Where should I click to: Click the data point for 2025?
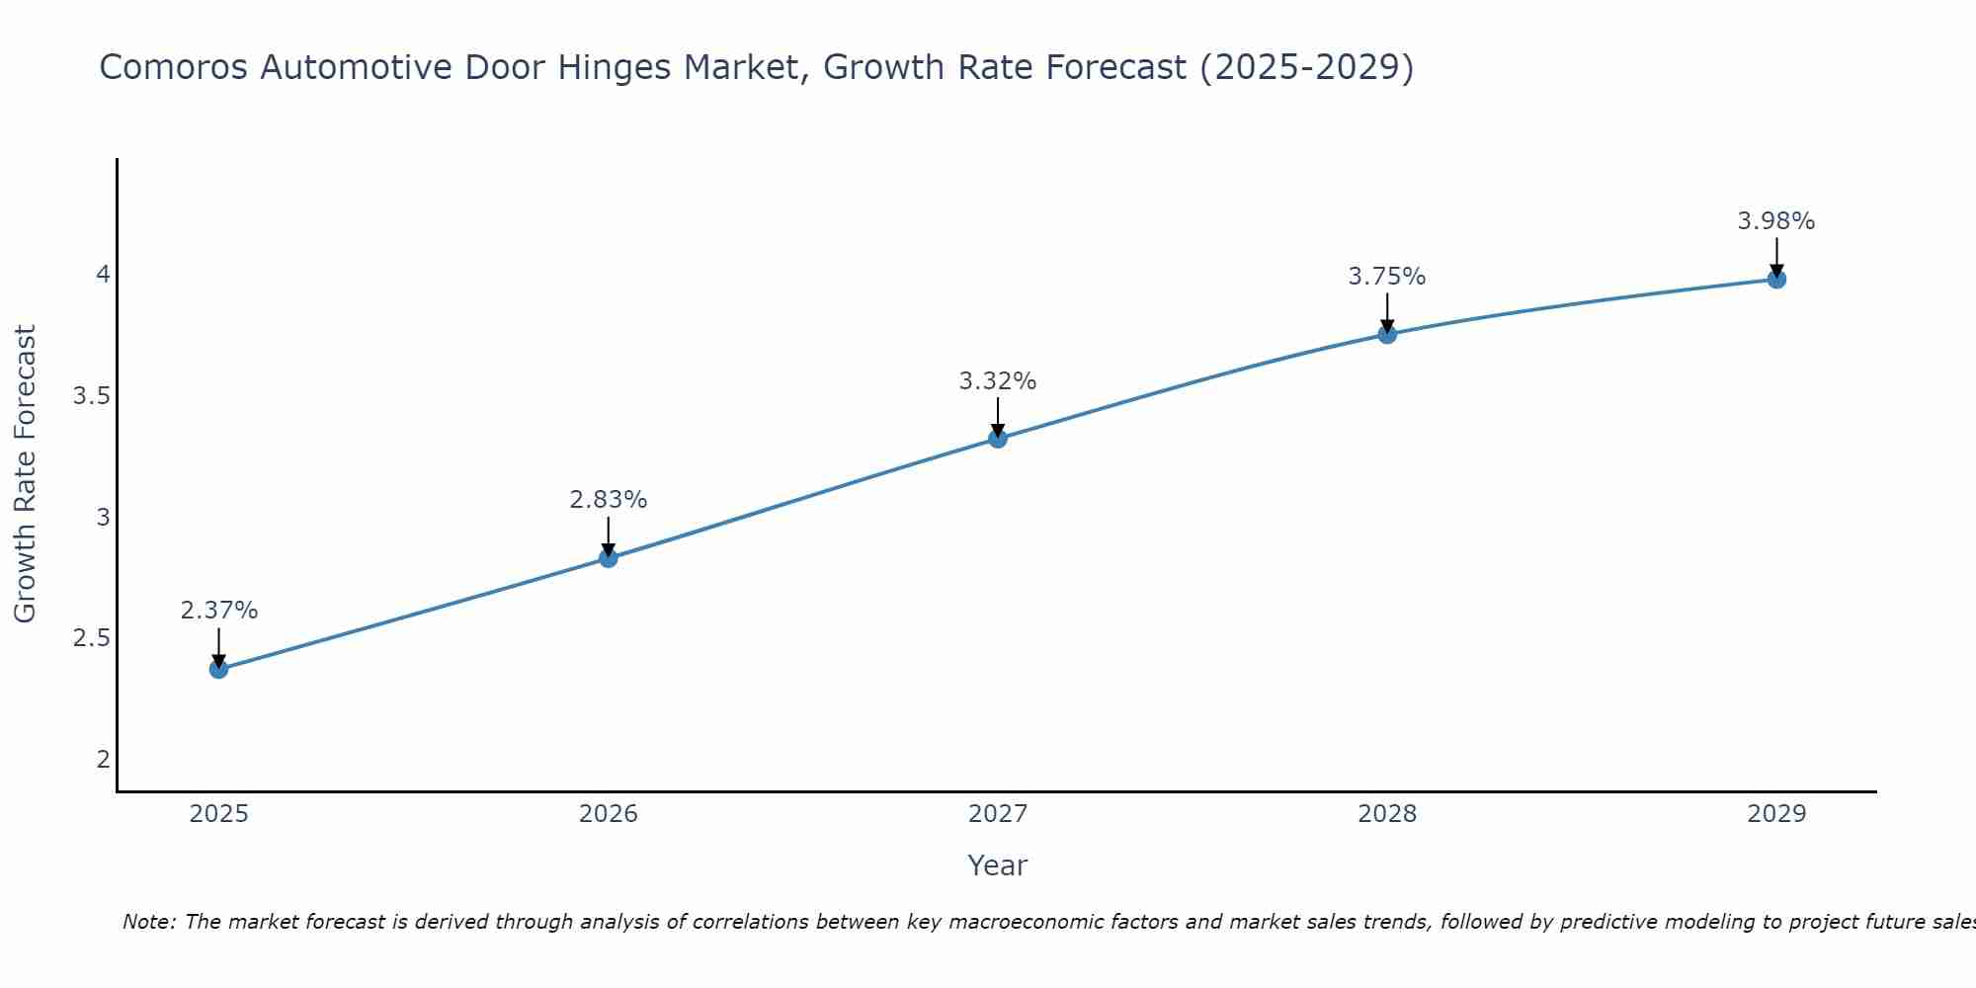pyautogui.click(x=218, y=669)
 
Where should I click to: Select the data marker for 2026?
pyautogui.click(x=608, y=558)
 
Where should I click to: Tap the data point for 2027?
pyautogui.click(x=997, y=439)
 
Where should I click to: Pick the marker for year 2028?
pyautogui.click(x=1386, y=334)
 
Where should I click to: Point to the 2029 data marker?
pyautogui.click(x=1775, y=279)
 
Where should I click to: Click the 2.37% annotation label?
pyautogui.click(x=218, y=611)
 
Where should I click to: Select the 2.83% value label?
pyautogui.click(x=608, y=500)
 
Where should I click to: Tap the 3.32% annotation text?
pyautogui.click(x=997, y=381)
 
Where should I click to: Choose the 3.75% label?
pyautogui.click(x=1386, y=277)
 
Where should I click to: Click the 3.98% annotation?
pyautogui.click(x=1775, y=221)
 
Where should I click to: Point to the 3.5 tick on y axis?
pyautogui.click(x=91, y=396)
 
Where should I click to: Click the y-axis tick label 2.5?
pyautogui.click(x=91, y=638)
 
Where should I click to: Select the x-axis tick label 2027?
pyautogui.click(x=997, y=814)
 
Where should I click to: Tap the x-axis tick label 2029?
pyautogui.click(x=1775, y=814)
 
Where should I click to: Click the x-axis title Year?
pyautogui.click(x=997, y=865)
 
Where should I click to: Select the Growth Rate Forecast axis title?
pyautogui.click(x=25, y=474)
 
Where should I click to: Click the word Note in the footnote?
pyautogui.click(x=148, y=922)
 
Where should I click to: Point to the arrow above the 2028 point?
pyautogui.click(x=1386, y=311)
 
